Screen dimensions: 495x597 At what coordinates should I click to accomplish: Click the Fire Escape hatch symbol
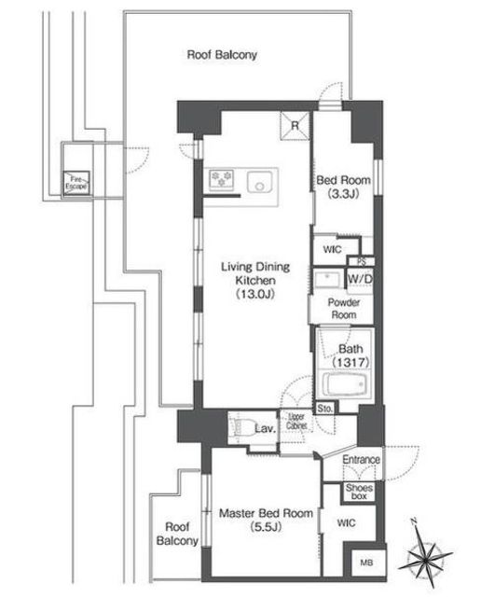click(76, 184)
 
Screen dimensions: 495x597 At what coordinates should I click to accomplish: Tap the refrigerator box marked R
click(296, 126)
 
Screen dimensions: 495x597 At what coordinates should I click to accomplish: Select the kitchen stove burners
click(222, 178)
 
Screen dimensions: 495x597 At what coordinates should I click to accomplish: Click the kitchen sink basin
click(260, 183)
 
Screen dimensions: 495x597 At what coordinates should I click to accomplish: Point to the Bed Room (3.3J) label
click(344, 187)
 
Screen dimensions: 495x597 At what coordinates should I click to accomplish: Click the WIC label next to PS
click(332, 250)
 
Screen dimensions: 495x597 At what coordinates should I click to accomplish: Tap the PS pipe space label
click(362, 262)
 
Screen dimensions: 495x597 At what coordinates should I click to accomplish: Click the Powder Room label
click(344, 309)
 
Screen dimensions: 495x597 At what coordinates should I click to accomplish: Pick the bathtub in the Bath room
click(346, 384)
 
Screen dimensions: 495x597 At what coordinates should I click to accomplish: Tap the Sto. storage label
click(325, 409)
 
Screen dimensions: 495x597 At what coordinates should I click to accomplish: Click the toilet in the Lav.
click(241, 428)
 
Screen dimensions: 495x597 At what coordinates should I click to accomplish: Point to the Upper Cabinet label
click(296, 422)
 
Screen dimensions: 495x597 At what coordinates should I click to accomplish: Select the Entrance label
click(361, 460)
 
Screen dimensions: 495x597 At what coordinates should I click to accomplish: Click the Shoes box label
click(359, 492)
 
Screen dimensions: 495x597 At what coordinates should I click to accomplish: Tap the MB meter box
click(366, 562)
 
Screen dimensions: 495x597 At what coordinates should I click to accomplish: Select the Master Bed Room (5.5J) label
click(266, 521)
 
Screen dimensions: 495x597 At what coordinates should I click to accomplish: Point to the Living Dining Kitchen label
click(255, 280)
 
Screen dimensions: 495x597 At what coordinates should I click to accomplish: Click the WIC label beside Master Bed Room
click(346, 523)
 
